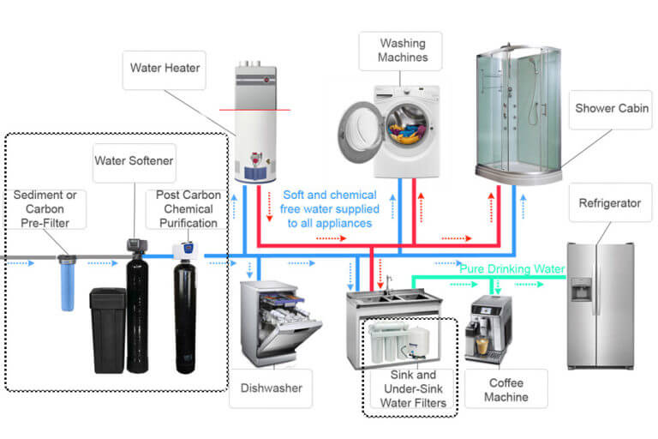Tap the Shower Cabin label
point(613,109)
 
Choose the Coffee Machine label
point(505,389)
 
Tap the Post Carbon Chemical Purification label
point(189,208)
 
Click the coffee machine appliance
point(488,328)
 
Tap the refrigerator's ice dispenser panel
point(582,289)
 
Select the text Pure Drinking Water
point(512,269)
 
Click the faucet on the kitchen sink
point(388,283)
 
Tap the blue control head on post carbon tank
point(182,250)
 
